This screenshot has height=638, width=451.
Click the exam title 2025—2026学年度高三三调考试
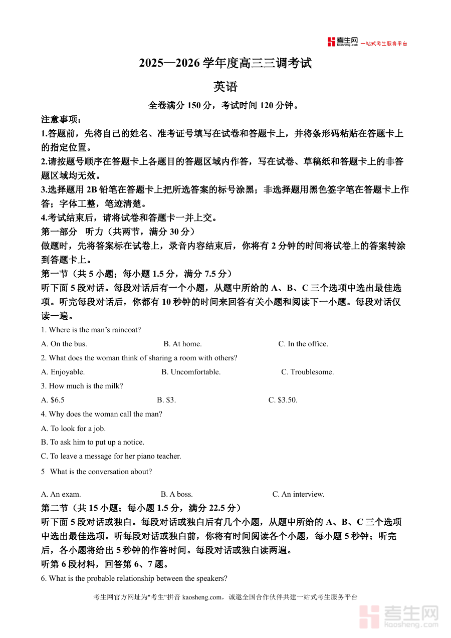point(225,64)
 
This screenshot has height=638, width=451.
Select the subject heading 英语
point(225,87)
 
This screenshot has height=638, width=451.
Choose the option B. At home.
point(182,344)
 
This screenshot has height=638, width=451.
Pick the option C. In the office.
point(303,344)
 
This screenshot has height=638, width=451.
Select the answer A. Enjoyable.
point(63,372)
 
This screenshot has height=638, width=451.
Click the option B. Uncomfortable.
point(191,372)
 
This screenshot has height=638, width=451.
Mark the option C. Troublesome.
point(307,372)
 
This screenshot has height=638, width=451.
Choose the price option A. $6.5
point(53,400)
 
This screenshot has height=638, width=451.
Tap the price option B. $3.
point(166,400)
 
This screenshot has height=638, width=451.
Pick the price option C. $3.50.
point(283,400)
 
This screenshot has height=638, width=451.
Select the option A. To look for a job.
point(73,429)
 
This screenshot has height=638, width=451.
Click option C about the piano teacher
point(111,456)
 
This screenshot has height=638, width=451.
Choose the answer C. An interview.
point(298,494)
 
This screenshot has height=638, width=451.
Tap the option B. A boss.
point(177,494)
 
